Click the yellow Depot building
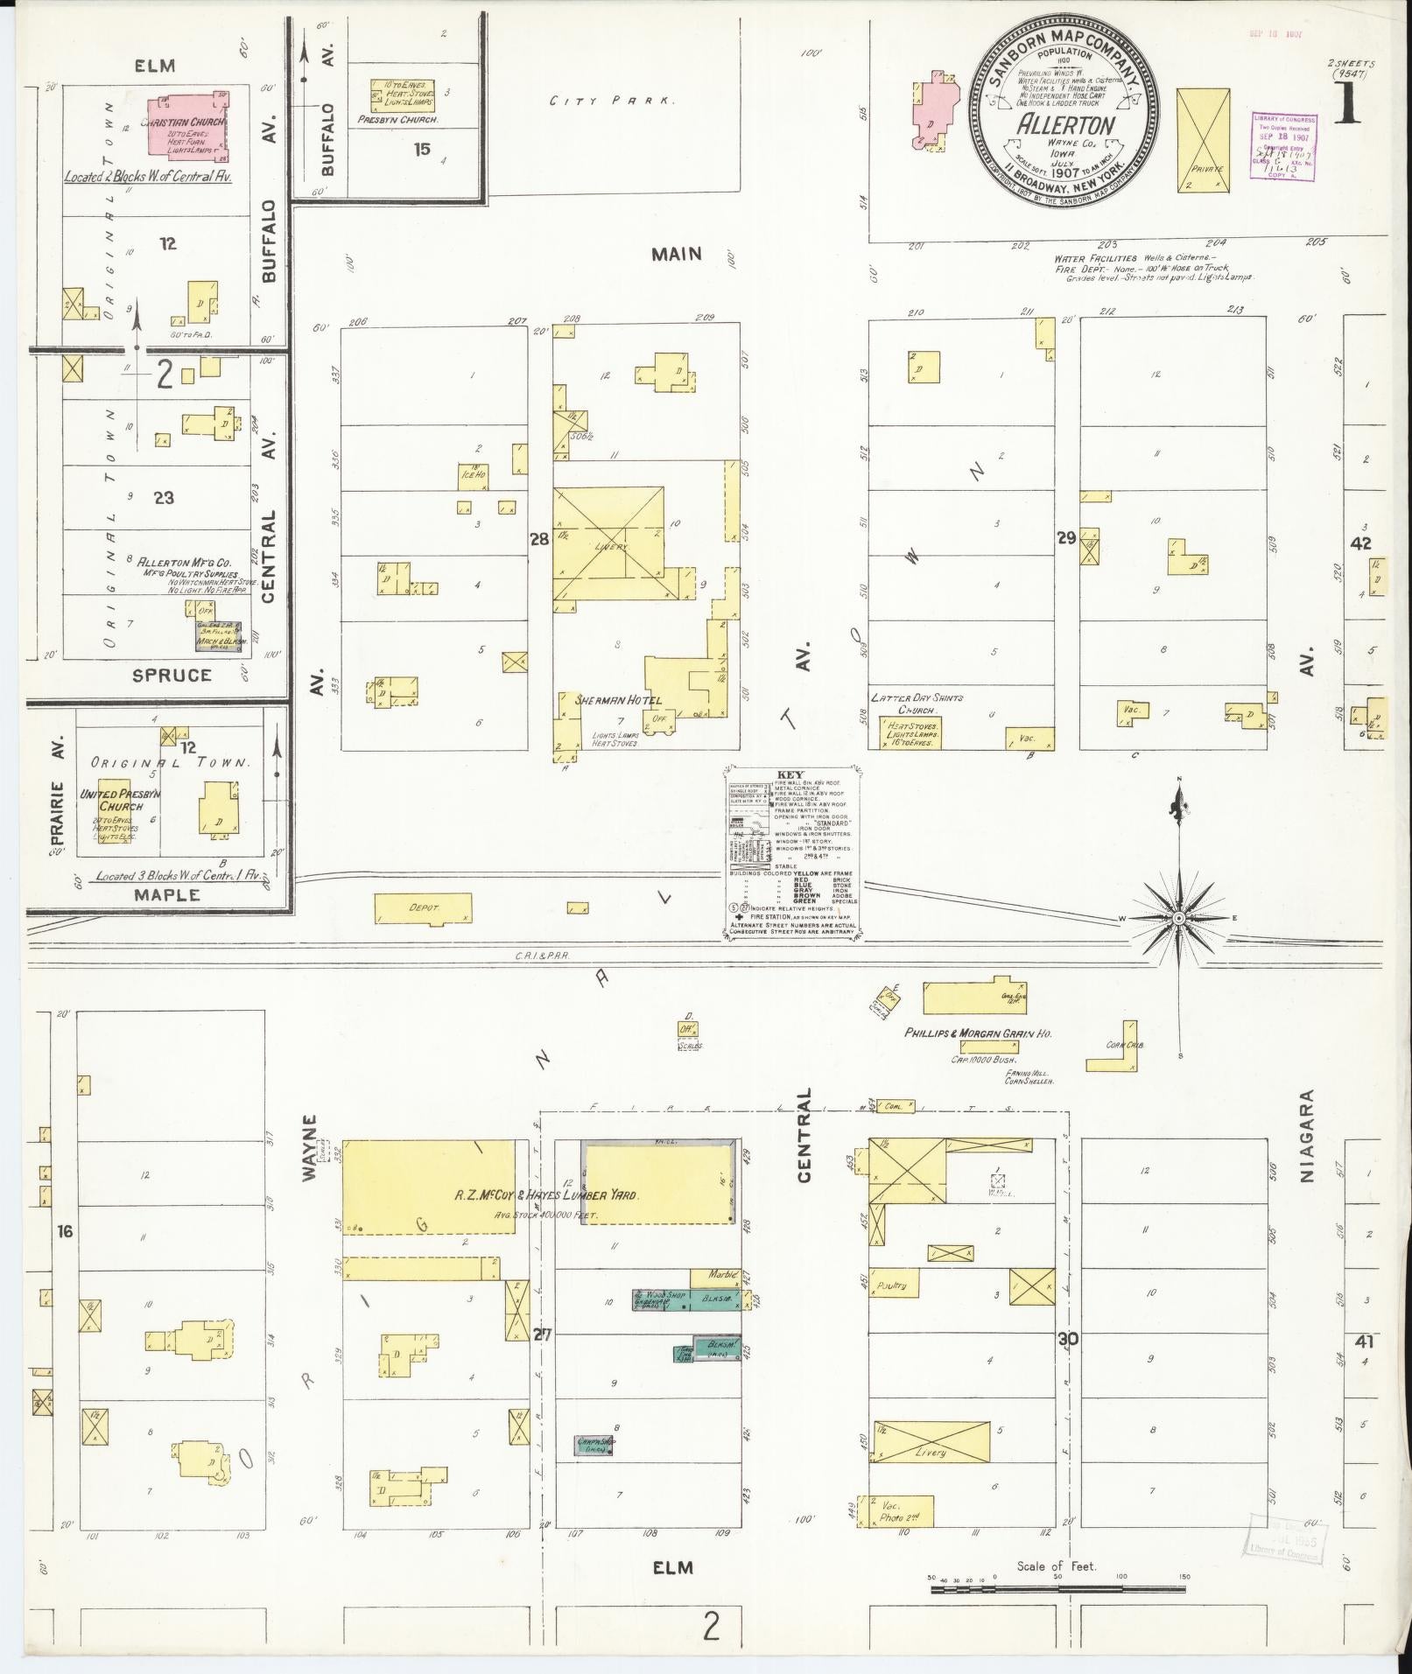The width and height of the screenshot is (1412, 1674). click(423, 907)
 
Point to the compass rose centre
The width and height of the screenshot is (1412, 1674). click(1178, 917)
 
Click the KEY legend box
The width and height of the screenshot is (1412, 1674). click(793, 853)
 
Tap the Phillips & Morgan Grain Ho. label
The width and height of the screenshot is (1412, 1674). click(978, 1033)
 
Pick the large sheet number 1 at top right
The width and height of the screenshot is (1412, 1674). click(1349, 103)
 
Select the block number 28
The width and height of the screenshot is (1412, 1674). click(538, 539)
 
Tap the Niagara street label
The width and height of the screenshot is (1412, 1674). click(1308, 1137)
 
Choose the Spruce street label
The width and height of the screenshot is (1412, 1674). click(172, 676)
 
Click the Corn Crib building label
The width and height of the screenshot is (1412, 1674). click(1126, 1045)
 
